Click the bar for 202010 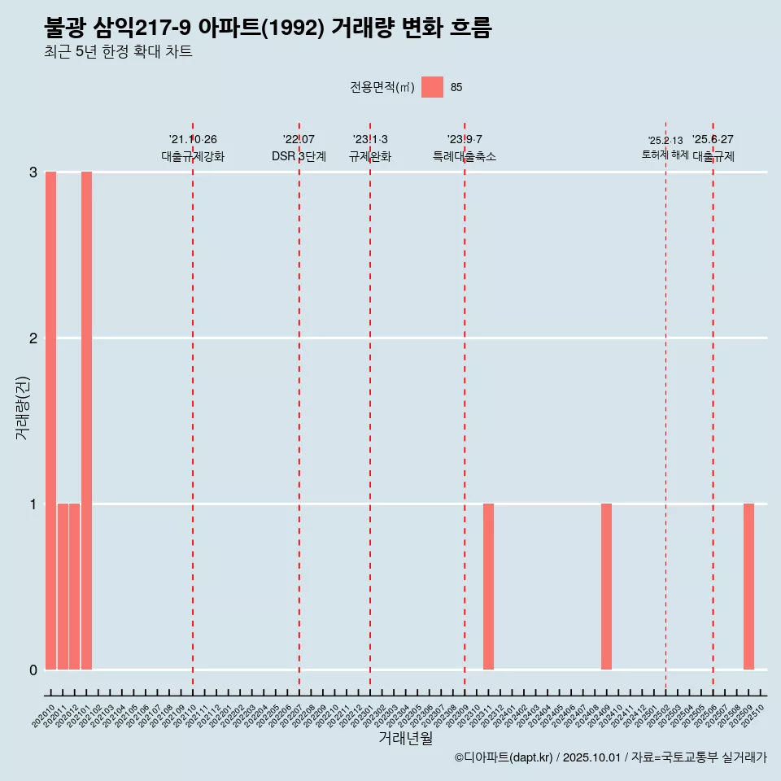pyautogui.click(x=50, y=421)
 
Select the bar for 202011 pyautogui.click(x=63, y=587)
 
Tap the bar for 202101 pyautogui.click(x=86, y=421)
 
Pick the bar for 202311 pyautogui.click(x=488, y=587)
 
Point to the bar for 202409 pyautogui.click(x=606, y=587)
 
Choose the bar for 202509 pyautogui.click(x=748, y=587)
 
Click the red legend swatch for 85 pyautogui.click(x=432, y=87)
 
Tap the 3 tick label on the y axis pyautogui.click(x=33, y=172)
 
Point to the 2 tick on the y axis pyautogui.click(x=33, y=338)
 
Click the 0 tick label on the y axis pyautogui.click(x=33, y=670)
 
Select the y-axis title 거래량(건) pyautogui.click(x=23, y=408)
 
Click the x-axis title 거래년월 pyautogui.click(x=405, y=738)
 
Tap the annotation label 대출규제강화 pyautogui.click(x=193, y=156)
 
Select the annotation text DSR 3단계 pyautogui.click(x=299, y=156)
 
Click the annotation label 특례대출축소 pyautogui.click(x=465, y=156)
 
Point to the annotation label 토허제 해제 pyautogui.click(x=665, y=155)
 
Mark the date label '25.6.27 pyautogui.click(x=713, y=139)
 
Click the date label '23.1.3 pyautogui.click(x=370, y=139)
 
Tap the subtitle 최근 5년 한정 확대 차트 pyautogui.click(x=119, y=52)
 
